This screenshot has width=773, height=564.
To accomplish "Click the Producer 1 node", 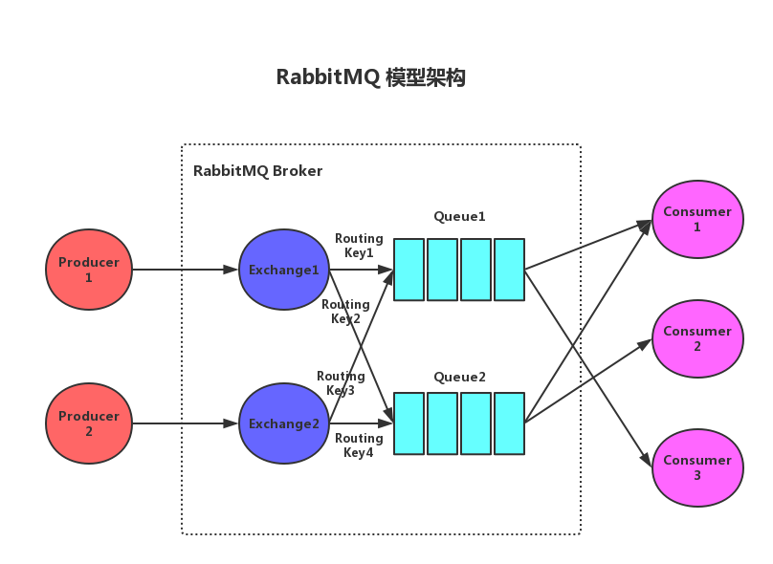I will point(89,270).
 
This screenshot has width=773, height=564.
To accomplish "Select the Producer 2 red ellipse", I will point(89,423).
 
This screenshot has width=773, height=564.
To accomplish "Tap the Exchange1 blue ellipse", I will point(283,270).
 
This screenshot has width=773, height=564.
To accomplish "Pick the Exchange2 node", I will point(283,423).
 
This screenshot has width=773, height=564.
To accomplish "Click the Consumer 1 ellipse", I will point(696,219).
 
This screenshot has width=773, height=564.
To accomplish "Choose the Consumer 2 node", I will point(696,338).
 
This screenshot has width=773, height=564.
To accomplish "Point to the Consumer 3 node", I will point(696,467).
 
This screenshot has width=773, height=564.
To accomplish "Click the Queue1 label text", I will point(459,217).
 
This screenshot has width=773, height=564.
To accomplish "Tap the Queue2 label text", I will point(459,377).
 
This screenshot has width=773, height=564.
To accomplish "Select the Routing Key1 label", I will point(359,246).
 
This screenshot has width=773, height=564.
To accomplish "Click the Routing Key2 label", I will point(345,312).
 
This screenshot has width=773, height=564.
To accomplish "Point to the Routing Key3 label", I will point(341,383).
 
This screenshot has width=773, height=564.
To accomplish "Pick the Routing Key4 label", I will point(359,445).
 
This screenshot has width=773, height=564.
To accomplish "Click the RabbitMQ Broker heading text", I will point(257,171).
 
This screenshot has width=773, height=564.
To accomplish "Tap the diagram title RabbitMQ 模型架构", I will point(370,77).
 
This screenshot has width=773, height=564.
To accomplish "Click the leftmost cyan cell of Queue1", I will point(409,270).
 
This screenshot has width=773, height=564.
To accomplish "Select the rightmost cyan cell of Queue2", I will point(509,423).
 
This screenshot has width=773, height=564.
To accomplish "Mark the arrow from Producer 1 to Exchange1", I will point(184,270).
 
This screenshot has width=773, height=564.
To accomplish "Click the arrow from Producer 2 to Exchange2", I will point(184,423).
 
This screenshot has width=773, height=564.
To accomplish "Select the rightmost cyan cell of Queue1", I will point(509,270).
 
